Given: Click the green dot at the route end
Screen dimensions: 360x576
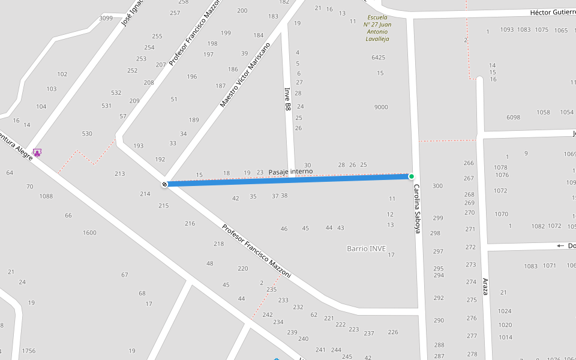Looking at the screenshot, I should pyautogui.click(x=412, y=176).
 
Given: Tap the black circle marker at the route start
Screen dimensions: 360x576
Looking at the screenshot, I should pyautogui.click(x=164, y=184).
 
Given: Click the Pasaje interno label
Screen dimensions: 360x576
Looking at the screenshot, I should pyautogui.click(x=290, y=172).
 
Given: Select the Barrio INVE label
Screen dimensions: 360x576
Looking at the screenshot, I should pyautogui.click(x=366, y=248).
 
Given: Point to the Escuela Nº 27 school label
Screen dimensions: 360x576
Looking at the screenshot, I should pyautogui.click(x=377, y=28).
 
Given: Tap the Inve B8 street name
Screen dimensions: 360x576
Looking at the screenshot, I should pyautogui.click(x=287, y=99).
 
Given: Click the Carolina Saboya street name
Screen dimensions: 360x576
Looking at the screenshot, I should pyautogui.click(x=417, y=209).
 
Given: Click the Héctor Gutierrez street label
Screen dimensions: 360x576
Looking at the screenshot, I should pyautogui.click(x=552, y=13).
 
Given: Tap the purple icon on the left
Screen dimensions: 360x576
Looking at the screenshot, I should pyautogui.click(x=37, y=153).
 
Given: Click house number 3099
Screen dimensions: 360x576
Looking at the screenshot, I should pyautogui.click(x=106, y=18).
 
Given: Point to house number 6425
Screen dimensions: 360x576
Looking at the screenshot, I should pyautogui.click(x=379, y=58).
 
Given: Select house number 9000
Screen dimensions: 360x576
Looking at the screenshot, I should pyautogui.click(x=381, y=107).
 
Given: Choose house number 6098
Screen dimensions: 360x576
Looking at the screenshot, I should pyautogui.click(x=513, y=117).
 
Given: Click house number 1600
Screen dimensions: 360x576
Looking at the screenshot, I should pyautogui.click(x=89, y=233).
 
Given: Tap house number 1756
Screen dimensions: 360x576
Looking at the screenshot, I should pyautogui.click(x=29, y=351).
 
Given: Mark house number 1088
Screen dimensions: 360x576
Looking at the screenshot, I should pyautogui.click(x=46, y=196).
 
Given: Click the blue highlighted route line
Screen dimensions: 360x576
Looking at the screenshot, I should pyautogui.click(x=288, y=180).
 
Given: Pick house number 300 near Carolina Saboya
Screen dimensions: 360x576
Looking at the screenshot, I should pyautogui.click(x=437, y=186).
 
